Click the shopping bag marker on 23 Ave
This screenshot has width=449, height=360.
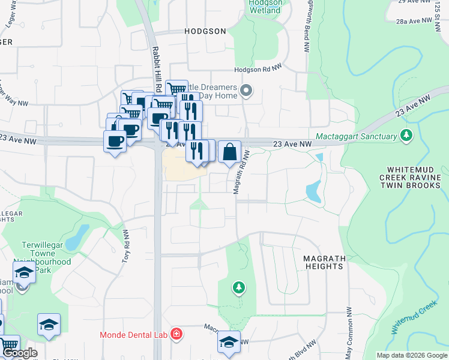(x=230, y=152)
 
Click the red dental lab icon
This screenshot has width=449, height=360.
(x=176, y=334)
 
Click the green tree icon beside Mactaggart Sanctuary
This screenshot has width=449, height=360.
(x=408, y=135)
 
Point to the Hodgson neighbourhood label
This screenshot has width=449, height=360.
(x=188, y=31)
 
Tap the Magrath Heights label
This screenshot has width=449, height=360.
(x=324, y=263)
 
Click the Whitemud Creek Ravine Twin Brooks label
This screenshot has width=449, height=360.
(x=414, y=178)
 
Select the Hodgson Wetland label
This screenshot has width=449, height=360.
(x=264, y=7)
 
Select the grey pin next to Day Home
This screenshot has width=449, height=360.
(x=246, y=91)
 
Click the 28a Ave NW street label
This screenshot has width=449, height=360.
(x=414, y=21)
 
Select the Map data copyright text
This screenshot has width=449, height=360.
(x=411, y=355)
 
